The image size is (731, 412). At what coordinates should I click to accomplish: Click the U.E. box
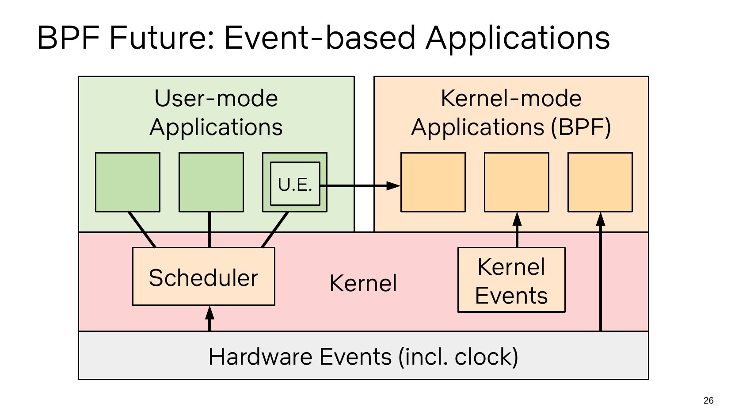click(295, 184)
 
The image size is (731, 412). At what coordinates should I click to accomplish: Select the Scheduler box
click(203, 277)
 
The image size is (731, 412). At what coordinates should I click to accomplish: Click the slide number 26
click(708, 400)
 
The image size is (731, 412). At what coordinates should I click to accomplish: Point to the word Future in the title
click(162, 37)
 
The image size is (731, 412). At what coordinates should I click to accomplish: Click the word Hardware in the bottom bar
click(262, 356)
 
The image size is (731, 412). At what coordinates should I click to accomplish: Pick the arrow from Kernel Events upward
click(517, 230)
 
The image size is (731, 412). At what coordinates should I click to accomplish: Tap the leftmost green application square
click(127, 182)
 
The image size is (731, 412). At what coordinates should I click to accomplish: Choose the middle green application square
click(211, 182)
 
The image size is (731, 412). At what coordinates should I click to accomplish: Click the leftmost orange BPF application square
click(433, 182)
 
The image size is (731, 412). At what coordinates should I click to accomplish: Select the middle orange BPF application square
click(516, 182)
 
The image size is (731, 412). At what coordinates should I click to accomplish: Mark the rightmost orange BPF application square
click(600, 182)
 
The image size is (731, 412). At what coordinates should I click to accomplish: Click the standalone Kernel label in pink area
click(363, 283)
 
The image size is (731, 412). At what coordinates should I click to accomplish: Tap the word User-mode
click(216, 98)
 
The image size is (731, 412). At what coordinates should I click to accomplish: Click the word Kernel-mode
click(511, 98)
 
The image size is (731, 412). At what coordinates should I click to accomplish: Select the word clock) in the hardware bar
click(486, 356)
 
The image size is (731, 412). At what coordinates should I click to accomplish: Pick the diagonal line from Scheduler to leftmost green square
click(142, 230)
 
